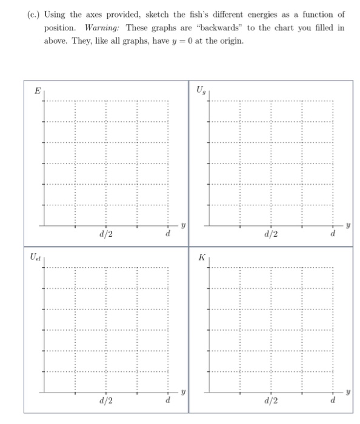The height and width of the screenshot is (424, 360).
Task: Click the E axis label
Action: tap(37, 91)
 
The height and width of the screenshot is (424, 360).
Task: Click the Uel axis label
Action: tap(36, 257)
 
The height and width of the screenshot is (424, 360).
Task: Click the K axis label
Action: tap(202, 257)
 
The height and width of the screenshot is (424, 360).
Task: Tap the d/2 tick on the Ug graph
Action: tap(271, 233)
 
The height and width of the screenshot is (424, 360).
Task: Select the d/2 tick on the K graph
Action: tap(271, 400)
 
